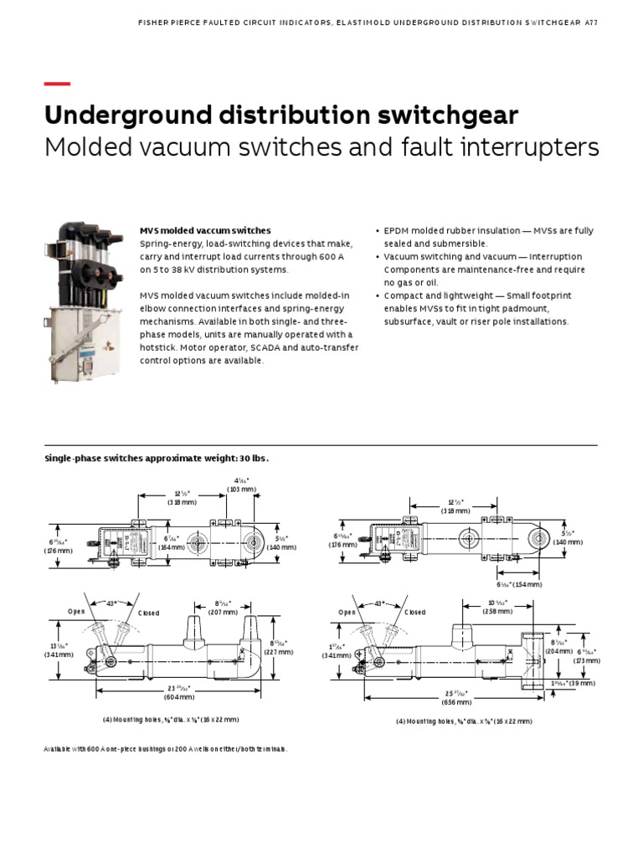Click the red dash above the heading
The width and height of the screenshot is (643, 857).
click(56, 84)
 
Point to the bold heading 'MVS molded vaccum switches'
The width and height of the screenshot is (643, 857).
click(204, 230)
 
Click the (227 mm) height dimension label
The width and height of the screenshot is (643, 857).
click(280, 651)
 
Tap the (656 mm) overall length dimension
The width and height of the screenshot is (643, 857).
click(456, 703)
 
